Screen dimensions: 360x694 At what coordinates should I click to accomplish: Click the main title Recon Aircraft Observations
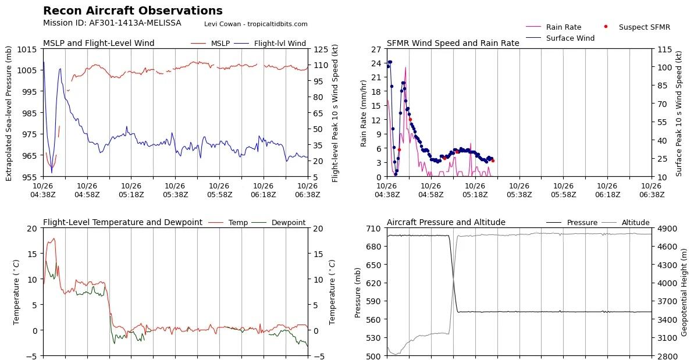[133, 10]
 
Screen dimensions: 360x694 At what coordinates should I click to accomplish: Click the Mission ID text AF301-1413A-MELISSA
[112, 23]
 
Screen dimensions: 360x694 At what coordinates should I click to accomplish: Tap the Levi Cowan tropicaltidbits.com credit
[256, 24]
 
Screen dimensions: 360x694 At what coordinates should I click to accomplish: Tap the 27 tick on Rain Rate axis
[376, 49]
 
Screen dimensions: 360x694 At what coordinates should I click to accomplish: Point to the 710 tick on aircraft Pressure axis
[373, 229]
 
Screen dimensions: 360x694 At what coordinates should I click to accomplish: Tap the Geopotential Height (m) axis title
[684, 291]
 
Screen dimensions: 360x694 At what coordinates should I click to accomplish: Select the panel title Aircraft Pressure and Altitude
[446, 222]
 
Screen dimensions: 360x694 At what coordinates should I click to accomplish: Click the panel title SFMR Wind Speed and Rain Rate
[453, 43]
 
